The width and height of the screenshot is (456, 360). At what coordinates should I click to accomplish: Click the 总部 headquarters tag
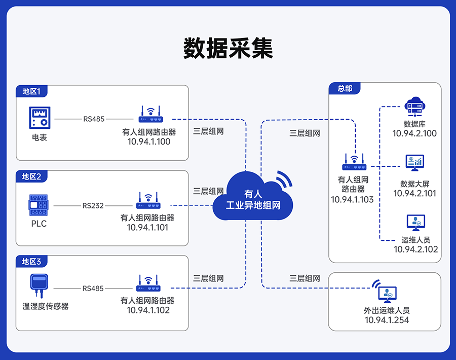pos(345,88)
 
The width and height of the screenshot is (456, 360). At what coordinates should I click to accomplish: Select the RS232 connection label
pos(93,206)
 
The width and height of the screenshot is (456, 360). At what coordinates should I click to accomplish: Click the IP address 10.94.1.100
pos(149,142)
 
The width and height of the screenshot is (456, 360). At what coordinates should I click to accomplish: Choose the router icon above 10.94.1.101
pos(148,201)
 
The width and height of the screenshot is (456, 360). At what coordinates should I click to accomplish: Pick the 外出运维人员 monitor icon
pos(386,291)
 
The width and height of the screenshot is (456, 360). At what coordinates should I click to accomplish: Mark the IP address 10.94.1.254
pos(387,320)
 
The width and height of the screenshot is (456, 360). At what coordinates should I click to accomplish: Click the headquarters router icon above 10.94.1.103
pos(354,162)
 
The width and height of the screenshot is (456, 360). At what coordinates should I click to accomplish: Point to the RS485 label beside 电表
pos(94,119)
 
